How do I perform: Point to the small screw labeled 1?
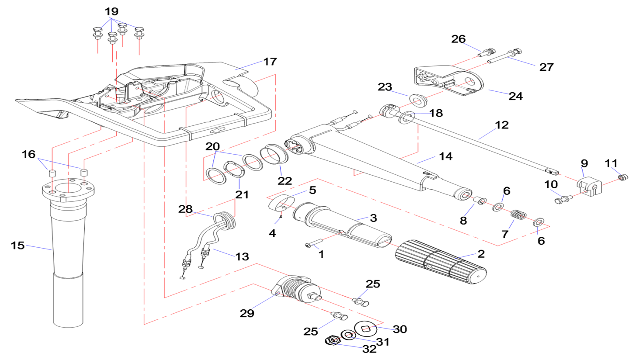[x=313, y=243]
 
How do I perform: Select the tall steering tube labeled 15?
[x=68, y=262]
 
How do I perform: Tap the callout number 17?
[x=270, y=62]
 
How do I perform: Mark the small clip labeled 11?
[x=623, y=177]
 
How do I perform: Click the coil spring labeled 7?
[x=518, y=215]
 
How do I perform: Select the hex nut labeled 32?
[x=333, y=340]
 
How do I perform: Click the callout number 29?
[x=247, y=313]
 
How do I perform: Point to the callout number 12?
[x=502, y=125]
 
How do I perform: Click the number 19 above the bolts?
[x=111, y=11]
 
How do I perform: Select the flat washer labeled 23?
[x=418, y=100]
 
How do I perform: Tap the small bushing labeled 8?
[x=480, y=201]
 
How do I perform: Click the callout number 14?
[x=446, y=156]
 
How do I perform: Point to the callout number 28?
[x=185, y=209]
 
